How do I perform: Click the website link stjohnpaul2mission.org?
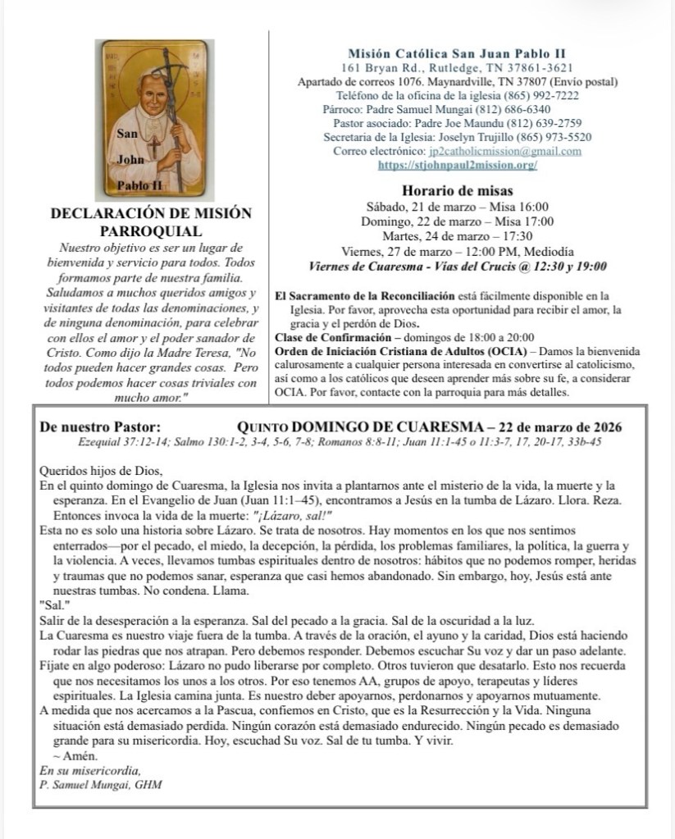click(458, 165)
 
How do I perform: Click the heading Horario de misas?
click(458, 190)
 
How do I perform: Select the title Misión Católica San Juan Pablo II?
click(458, 52)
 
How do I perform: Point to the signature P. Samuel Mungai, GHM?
click(101, 784)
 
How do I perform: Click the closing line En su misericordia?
click(90, 770)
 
